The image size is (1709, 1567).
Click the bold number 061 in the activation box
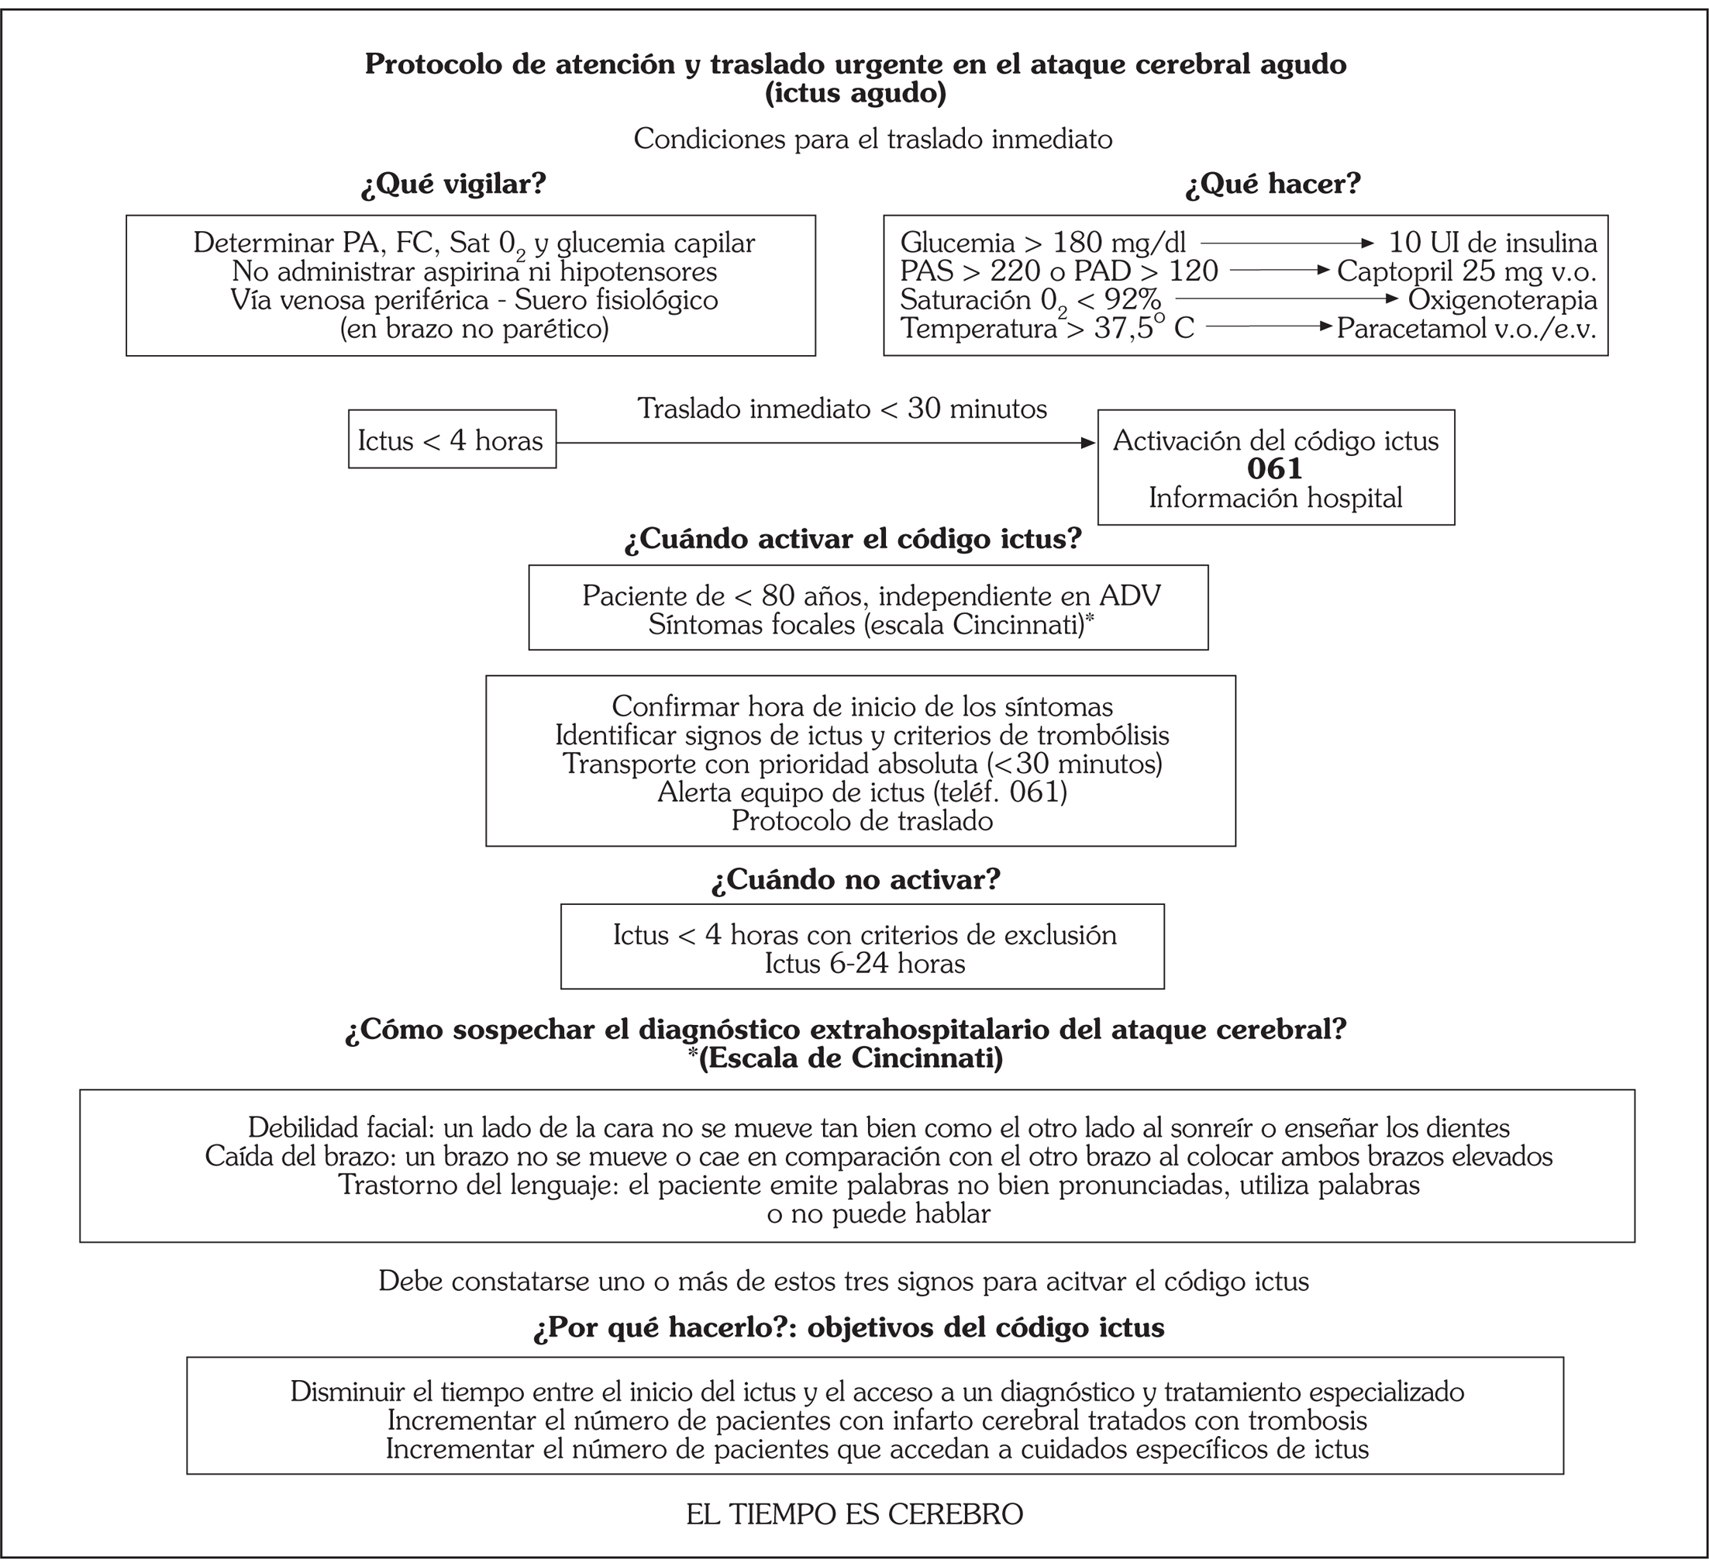[x=1275, y=469]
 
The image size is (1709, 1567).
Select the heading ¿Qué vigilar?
[x=453, y=184]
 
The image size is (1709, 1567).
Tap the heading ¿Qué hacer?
[x=1273, y=184]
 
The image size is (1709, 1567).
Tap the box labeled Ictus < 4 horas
[x=452, y=439]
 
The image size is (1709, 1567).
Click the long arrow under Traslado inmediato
[x=826, y=443]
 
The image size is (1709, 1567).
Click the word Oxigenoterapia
[x=1502, y=299]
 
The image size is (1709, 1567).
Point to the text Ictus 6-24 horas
[x=865, y=963]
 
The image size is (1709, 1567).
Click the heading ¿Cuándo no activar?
[x=856, y=879]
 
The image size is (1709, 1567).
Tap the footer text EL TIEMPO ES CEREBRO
[x=854, y=1514]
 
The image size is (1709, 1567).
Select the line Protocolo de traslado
[x=862, y=821]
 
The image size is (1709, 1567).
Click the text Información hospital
[x=1275, y=498]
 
